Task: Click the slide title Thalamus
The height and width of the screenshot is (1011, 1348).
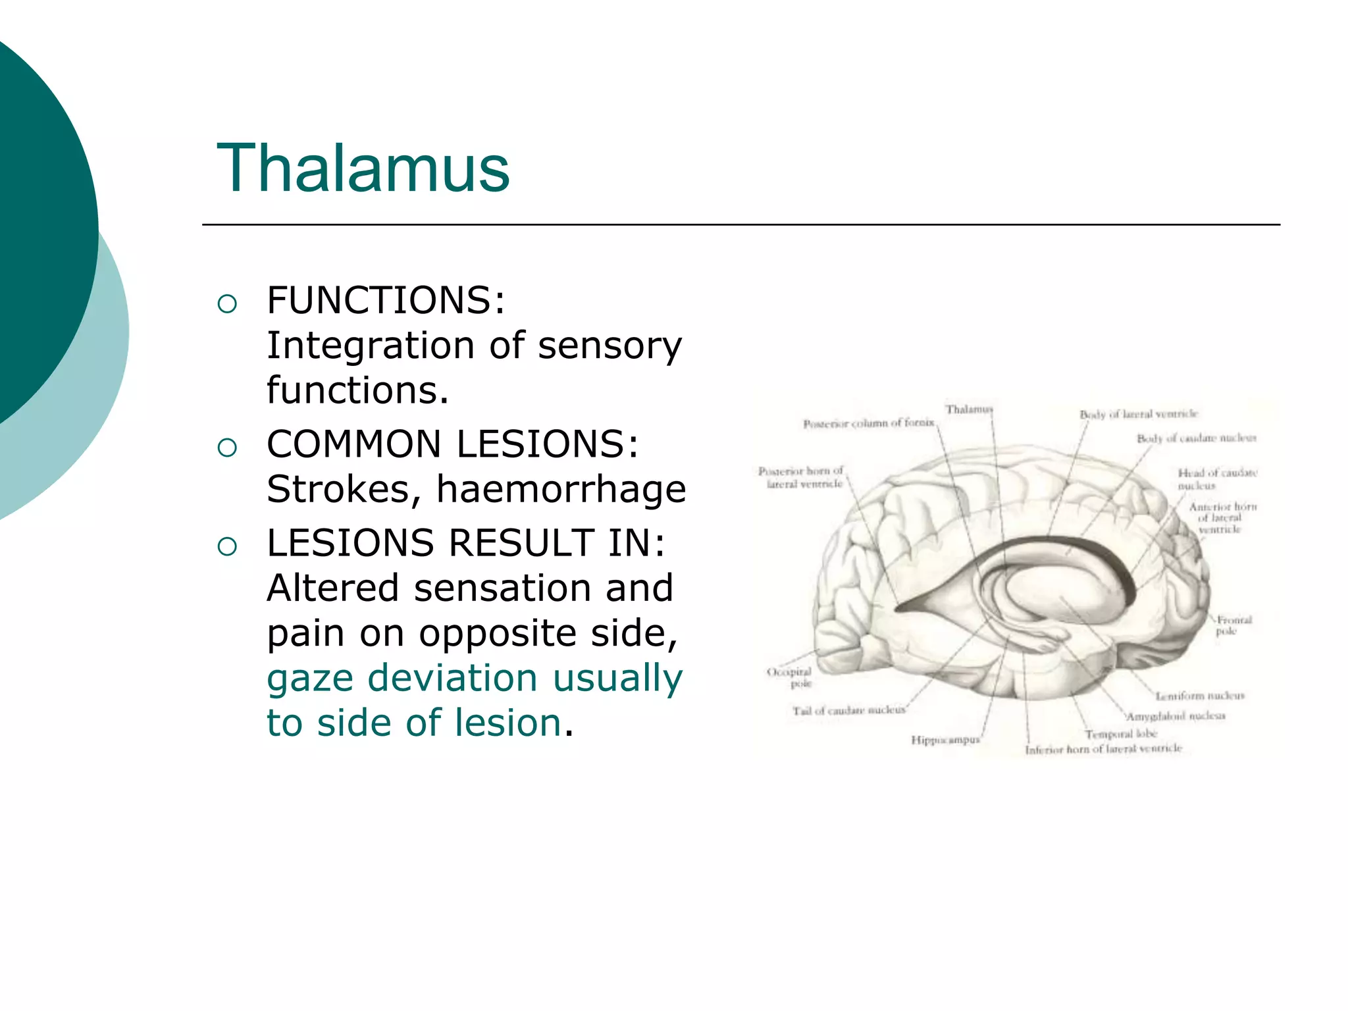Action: coord(363,169)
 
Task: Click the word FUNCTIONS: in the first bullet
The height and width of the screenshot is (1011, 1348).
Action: coord(386,301)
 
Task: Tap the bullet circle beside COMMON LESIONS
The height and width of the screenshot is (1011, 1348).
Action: coord(227,448)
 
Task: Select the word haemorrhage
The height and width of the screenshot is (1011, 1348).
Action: coord(561,489)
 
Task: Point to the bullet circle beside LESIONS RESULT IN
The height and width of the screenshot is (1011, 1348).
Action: coord(227,546)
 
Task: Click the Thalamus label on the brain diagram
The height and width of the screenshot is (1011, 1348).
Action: coord(968,409)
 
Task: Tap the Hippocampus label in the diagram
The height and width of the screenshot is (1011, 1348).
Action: coord(945,740)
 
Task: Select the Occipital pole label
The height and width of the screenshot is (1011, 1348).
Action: coord(790,677)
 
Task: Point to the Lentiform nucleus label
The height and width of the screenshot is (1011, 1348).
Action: coord(1199,696)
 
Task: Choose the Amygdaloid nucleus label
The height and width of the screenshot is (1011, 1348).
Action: coord(1176,715)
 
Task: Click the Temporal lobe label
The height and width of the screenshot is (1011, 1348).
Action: coord(1121,734)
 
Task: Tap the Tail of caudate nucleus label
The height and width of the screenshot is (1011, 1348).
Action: coord(848,710)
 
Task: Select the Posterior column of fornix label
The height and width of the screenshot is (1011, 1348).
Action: coord(868,423)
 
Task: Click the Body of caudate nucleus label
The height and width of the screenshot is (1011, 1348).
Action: coord(1196,438)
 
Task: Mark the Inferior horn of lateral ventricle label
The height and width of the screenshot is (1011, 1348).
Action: coord(1103,749)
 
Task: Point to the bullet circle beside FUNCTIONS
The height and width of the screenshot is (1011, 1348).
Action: coord(227,304)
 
